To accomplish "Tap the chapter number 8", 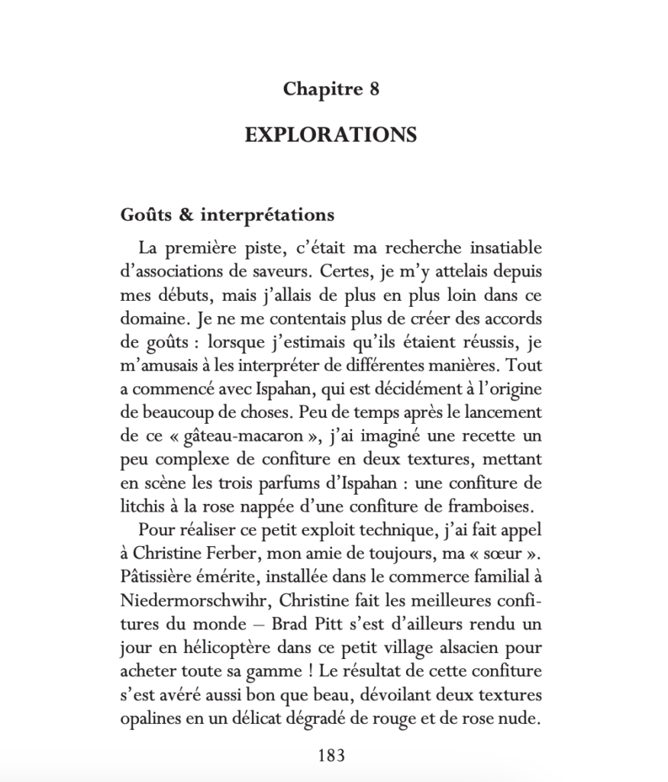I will coord(373,89).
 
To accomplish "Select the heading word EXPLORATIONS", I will coord(331,135).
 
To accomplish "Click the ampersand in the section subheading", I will coord(186,215).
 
